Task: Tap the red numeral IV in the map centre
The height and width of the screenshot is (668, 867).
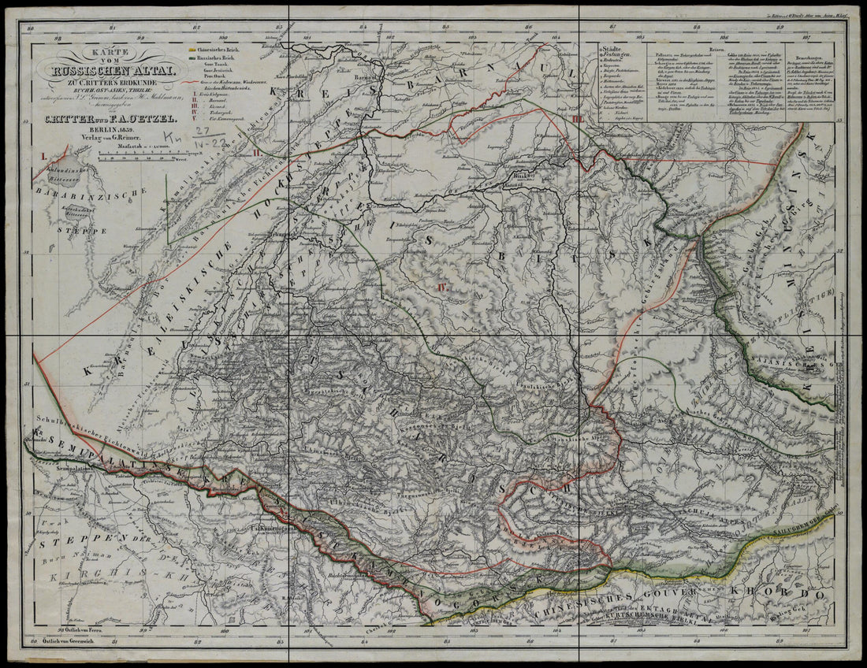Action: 443,288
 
